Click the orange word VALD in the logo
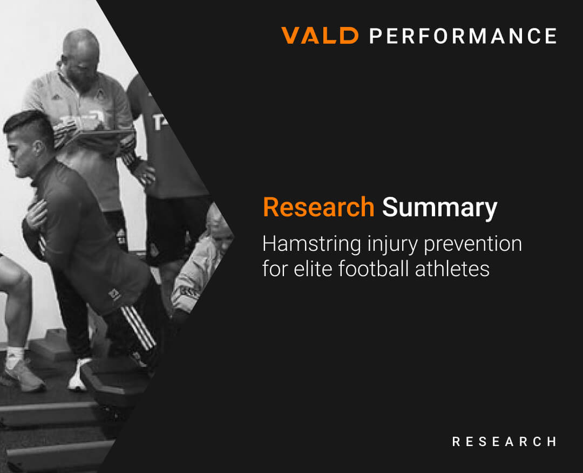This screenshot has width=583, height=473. [320, 36]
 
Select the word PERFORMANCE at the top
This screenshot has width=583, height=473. [463, 36]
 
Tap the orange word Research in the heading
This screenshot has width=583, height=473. [318, 208]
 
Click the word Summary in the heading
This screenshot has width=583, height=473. [439, 208]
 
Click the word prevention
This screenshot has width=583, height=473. [473, 244]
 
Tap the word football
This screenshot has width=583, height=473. [375, 269]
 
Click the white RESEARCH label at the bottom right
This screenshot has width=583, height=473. [504, 442]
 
